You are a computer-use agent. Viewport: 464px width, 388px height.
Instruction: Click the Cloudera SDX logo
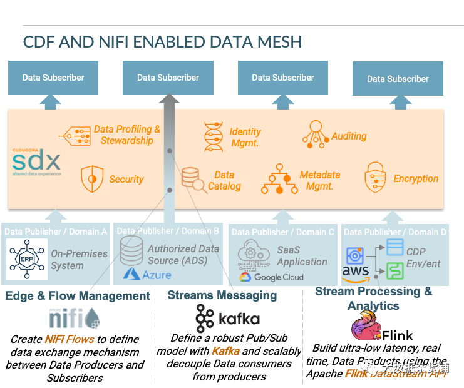click(37, 162)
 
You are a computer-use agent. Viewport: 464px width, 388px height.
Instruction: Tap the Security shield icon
click(91, 179)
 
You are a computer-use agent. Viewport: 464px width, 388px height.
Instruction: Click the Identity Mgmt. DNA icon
click(214, 136)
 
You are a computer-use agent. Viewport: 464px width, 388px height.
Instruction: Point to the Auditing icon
click(315, 134)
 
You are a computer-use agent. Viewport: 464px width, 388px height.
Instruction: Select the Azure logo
click(148, 273)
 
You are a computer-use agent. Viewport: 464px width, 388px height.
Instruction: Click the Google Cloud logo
click(271, 277)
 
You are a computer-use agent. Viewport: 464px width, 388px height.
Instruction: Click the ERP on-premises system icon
click(26, 258)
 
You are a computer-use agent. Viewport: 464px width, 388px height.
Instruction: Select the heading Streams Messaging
click(222, 295)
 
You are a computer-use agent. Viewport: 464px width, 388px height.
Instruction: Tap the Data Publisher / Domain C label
click(283, 232)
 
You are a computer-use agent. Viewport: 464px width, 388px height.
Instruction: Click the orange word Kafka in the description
click(225, 351)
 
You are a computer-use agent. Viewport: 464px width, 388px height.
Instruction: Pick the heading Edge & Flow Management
click(78, 295)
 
